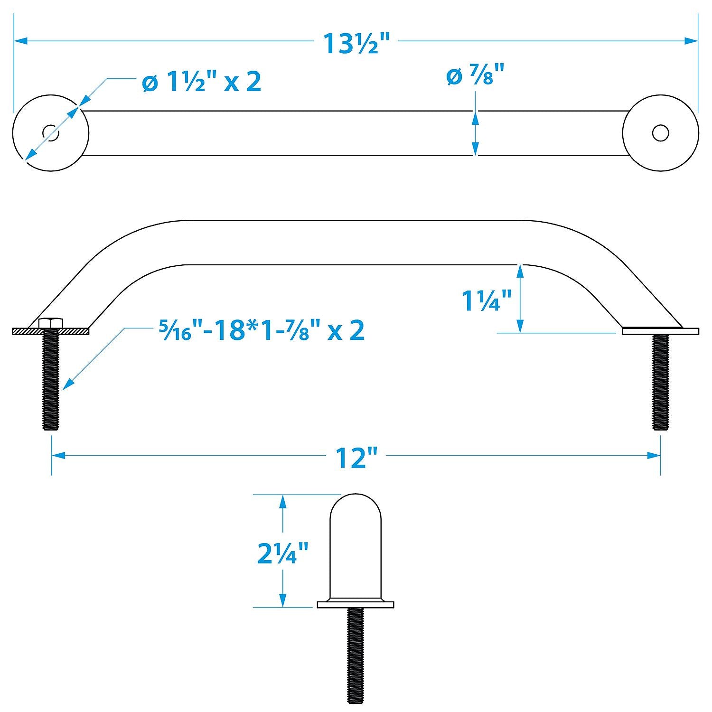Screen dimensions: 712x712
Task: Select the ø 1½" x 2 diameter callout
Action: pyautogui.click(x=202, y=82)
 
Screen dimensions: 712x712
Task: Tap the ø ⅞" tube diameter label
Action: pyautogui.click(x=475, y=76)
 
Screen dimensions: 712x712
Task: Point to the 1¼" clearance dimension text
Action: pyautogui.click(x=487, y=301)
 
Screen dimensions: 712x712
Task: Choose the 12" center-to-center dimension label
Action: pyautogui.click(x=356, y=458)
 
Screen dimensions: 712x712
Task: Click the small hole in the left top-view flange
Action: pyautogui.click(x=51, y=133)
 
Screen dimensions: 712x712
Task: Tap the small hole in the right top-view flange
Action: pyautogui.click(x=660, y=133)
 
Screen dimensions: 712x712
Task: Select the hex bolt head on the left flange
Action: pyautogui.click(x=51, y=323)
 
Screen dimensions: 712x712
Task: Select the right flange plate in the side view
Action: pyautogui.click(x=660, y=331)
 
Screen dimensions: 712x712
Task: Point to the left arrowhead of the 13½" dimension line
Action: pyautogui.click(x=21, y=41)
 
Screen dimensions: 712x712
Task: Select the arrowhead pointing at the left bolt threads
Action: pyautogui.click(x=68, y=384)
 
